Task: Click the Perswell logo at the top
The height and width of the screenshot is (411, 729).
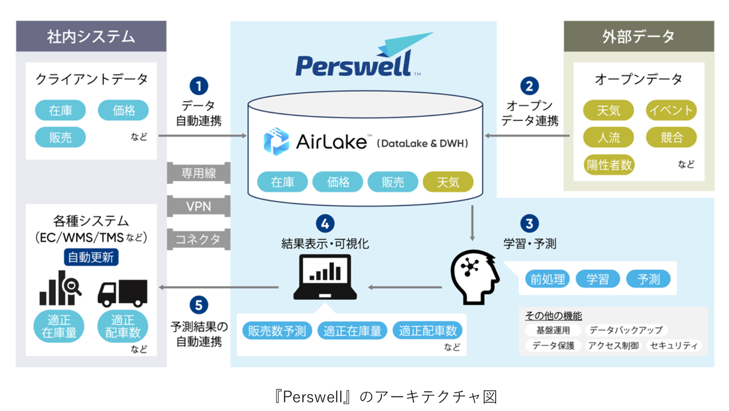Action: [x=359, y=56]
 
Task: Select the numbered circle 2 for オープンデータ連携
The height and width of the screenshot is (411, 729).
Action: [x=529, y=86]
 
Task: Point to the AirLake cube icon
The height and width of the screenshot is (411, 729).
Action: [x=276, y=141]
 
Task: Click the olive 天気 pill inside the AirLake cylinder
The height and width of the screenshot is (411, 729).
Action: [x=447, y=182]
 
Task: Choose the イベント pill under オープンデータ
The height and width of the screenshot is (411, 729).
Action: [x=671, y=110]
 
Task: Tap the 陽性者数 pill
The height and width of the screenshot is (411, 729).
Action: [x=609, y=164]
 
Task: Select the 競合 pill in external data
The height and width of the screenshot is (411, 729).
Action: [x=671, y=137]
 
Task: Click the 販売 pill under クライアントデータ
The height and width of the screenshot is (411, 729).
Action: [x=60, y=137]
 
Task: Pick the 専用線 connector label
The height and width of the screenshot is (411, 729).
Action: [x=199, y=173]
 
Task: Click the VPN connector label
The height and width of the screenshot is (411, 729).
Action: [x=199, y=206]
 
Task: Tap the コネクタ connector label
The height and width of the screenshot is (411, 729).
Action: [x=199, y=239]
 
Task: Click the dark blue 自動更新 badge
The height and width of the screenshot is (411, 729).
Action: [x=91, y=257]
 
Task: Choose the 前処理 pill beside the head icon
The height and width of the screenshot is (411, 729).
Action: [x=547, y=278]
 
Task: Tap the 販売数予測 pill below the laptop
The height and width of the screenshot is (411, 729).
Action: [x=277, y=330]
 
